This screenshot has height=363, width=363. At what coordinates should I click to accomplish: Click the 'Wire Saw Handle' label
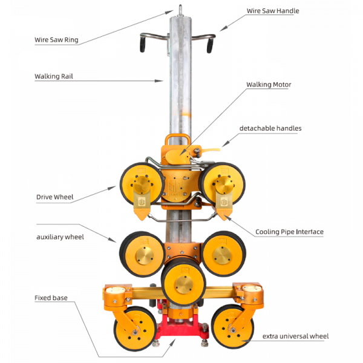tap(273, 11)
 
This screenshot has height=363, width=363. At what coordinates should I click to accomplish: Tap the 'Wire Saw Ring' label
tap(56, 41)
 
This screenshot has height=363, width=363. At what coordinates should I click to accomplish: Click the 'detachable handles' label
tap(270, 128)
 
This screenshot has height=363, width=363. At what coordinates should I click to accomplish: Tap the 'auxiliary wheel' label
tap(60, 237)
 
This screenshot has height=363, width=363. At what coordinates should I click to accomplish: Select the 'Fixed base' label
tap(51, 298)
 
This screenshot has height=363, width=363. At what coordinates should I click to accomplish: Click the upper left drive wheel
tap(142, 185)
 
